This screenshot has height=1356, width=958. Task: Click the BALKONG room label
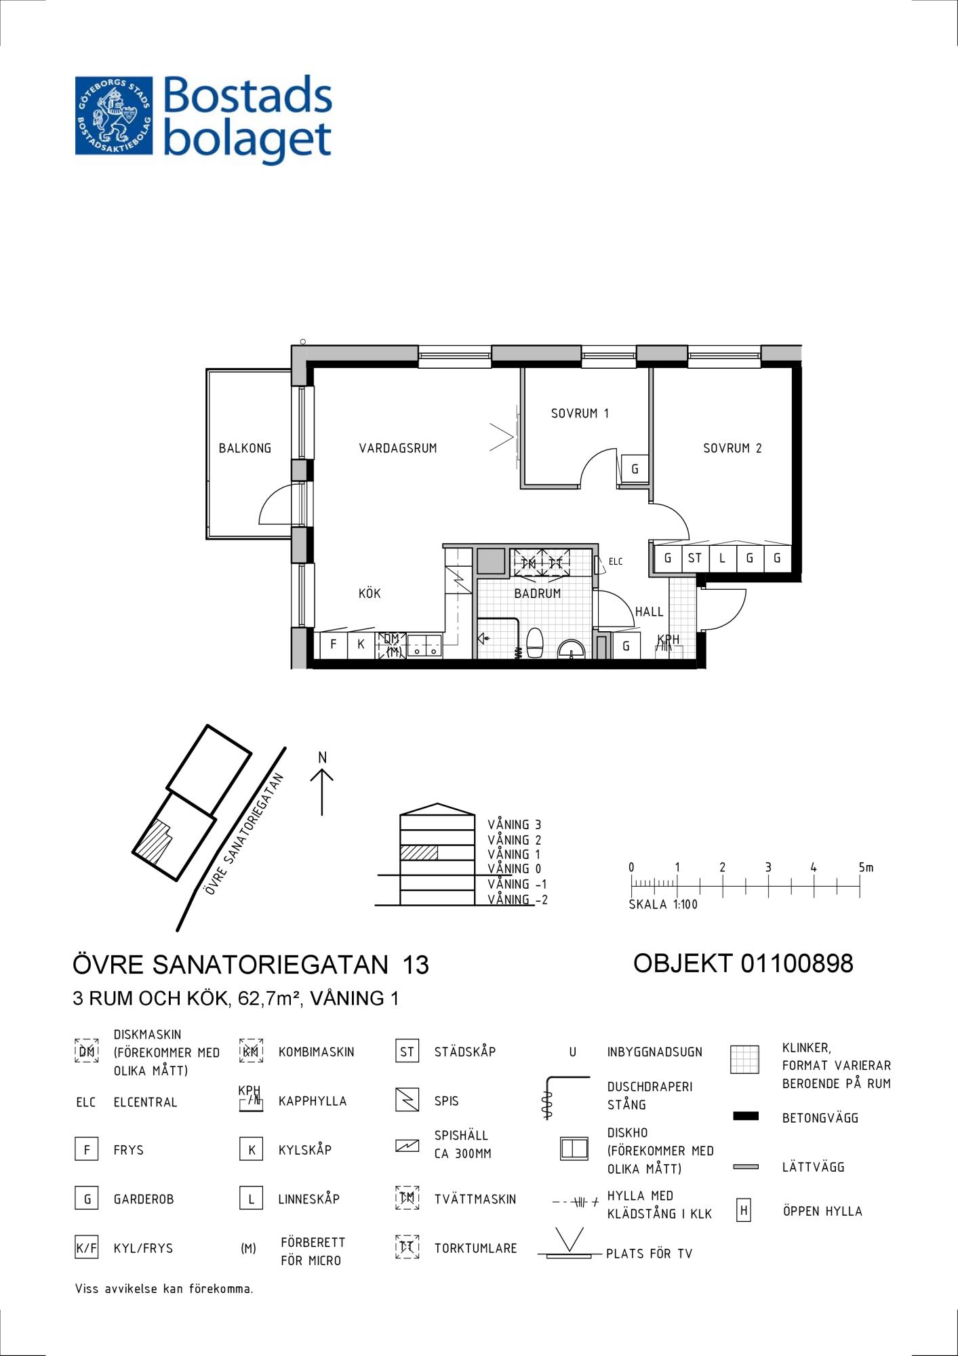tap(245, 448)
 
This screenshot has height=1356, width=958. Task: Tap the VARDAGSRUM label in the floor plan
tap(398, 448)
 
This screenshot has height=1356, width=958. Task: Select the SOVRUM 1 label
tap(580, 413)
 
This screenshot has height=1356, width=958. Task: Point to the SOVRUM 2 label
tap(732, 448)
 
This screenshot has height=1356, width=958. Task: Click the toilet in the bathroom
tap(535, 643)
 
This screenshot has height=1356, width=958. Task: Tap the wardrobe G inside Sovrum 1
tap(635, 468)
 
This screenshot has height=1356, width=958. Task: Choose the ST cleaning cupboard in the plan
tap(695, 559)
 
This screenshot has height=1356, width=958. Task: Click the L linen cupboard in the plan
tap(723, 559)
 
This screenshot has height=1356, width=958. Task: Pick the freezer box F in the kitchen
tap(334, 644)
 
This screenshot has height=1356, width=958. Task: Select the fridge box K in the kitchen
tap(361, 644)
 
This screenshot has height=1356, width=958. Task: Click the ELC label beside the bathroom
tap(616, 561)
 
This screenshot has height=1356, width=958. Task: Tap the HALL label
tap(649, 612)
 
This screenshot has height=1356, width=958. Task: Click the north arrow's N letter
tap(323, 757)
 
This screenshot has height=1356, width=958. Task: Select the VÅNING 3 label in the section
tap(514, 824)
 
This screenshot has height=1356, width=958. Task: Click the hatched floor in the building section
tap(419, 853)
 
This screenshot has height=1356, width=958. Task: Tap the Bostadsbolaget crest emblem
tap(114, 115)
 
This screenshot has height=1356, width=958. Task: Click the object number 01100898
tap(797, 963)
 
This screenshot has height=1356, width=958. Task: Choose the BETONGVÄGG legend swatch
tap(746, 1116)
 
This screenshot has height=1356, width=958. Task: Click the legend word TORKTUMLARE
tap(475, 1248)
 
